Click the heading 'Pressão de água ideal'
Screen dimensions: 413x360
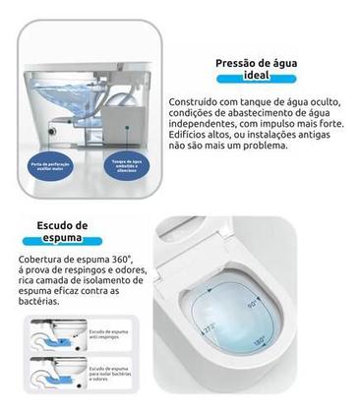point(260,70)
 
